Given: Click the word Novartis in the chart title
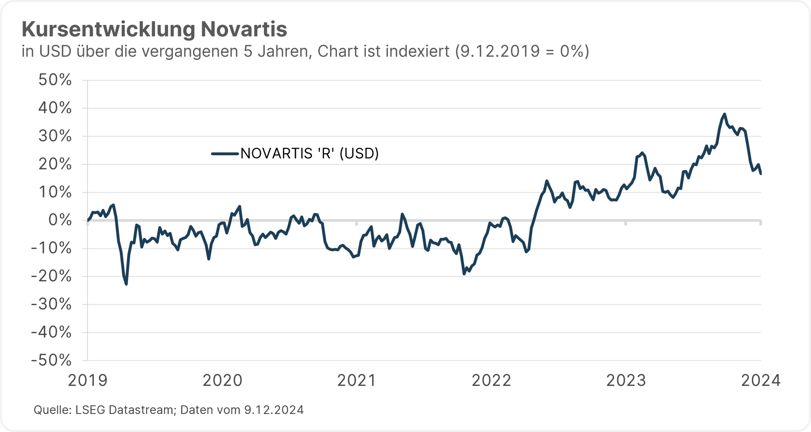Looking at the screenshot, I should coord(244,29).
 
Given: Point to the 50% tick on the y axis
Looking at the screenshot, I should coord(55,80).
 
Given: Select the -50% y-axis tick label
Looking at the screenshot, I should coord(51,360).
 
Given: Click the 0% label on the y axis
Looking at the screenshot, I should coord(60,220).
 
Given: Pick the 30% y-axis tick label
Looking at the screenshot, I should coord(55,136).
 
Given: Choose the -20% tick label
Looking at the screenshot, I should coord(51,276).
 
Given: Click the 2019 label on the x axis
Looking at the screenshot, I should coord(88,381).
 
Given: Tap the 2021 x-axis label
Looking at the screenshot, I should coord(357,381).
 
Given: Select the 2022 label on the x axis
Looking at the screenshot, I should coord(491,381).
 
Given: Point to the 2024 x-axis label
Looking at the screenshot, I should coord(761,381).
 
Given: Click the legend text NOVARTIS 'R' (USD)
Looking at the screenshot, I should coord(310,154).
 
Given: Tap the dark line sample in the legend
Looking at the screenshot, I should coord(225,154).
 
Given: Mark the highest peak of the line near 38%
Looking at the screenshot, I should coord(725,114).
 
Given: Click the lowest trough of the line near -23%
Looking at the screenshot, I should coord(126,284).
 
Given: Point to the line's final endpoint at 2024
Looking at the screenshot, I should coord(761,174).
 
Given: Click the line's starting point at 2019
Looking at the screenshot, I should coord(88,220).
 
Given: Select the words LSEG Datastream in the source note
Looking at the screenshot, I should coord(125,410).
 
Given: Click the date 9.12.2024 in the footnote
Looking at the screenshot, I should coord(274,410).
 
